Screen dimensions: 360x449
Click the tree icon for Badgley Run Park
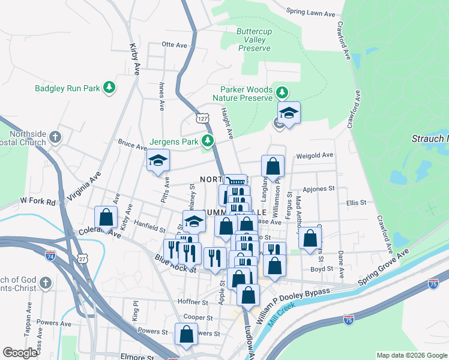[x=109, y=88]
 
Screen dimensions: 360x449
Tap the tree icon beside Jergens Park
[x=208, y=142]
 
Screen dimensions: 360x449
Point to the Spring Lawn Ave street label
[x=310, y=11]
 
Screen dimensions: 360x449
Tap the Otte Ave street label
[x=175, y=44]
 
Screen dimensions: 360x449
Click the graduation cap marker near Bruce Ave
[x=158, y=161]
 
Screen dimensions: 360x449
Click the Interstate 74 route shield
[x=50, y=256]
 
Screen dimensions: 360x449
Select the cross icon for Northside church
[x=55, y=137]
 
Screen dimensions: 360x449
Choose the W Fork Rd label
[x=37, y=200]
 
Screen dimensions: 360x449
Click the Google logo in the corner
[x=20, y=353]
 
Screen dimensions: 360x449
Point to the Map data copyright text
[x=412, y=355]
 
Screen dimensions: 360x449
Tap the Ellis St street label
[x=357, y=203]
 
